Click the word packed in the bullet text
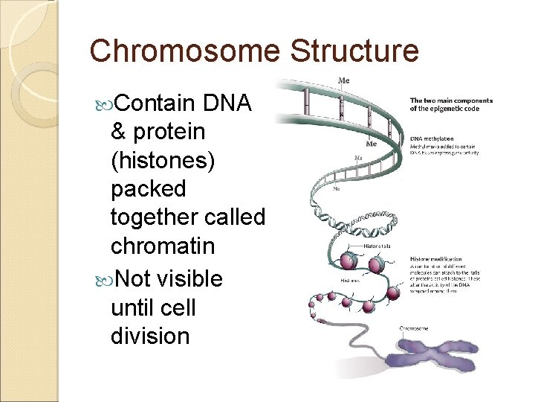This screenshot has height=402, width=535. tap(148, 189)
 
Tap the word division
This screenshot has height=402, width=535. tap(149, 335)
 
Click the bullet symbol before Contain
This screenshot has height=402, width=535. tap(103, 103)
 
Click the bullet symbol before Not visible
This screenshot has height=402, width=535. tap(103, 279)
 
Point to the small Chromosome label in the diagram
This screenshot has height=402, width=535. tap(413, 328)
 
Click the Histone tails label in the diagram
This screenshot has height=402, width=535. tap(377, 246)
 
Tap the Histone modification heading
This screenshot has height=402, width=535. tap(439, 258)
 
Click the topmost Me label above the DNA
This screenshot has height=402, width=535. tap(344, 80)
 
